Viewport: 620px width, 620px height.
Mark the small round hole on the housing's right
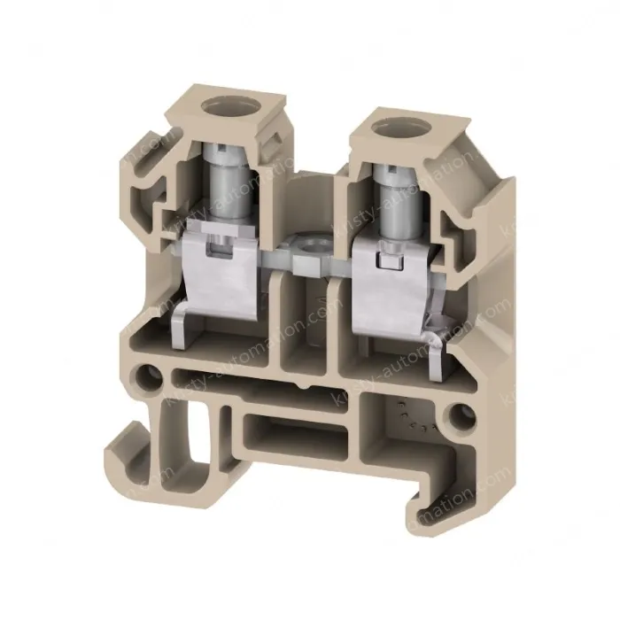coord(461,413)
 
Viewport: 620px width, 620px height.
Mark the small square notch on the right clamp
coord(384,262)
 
